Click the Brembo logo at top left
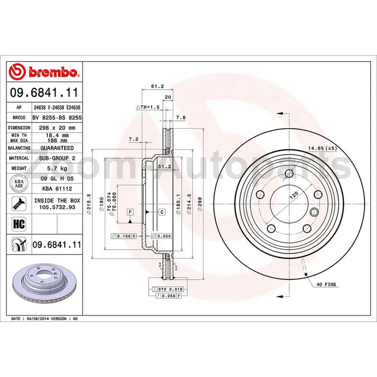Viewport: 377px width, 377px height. (44, 72)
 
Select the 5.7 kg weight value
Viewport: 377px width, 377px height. (57, 168)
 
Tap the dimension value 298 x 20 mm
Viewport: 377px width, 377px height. (57, 128)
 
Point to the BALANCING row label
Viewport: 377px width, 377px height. (19, 148)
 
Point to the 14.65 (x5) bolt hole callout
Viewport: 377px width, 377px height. (322, 148)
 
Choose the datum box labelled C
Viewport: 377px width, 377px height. (161, 212)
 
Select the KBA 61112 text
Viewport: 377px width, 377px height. (57, 188)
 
